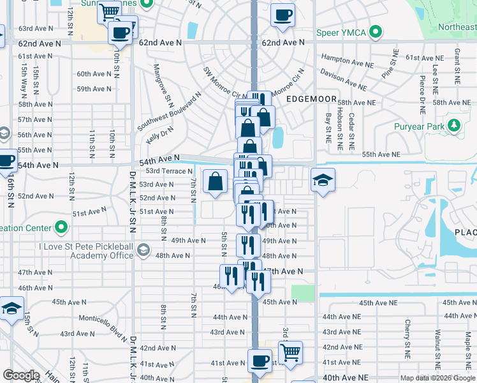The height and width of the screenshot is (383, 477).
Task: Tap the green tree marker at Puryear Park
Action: [x=454, y=126]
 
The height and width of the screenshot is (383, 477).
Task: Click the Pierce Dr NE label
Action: [x=422, y=91]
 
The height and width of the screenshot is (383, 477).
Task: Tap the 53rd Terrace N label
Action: [x=169, y=171]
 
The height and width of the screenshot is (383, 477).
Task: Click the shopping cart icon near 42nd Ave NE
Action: [x=290, y=352]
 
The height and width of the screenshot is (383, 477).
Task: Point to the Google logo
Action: [x=21, y=375]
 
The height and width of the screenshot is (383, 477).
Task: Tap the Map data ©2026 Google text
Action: [x=438, y=378]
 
